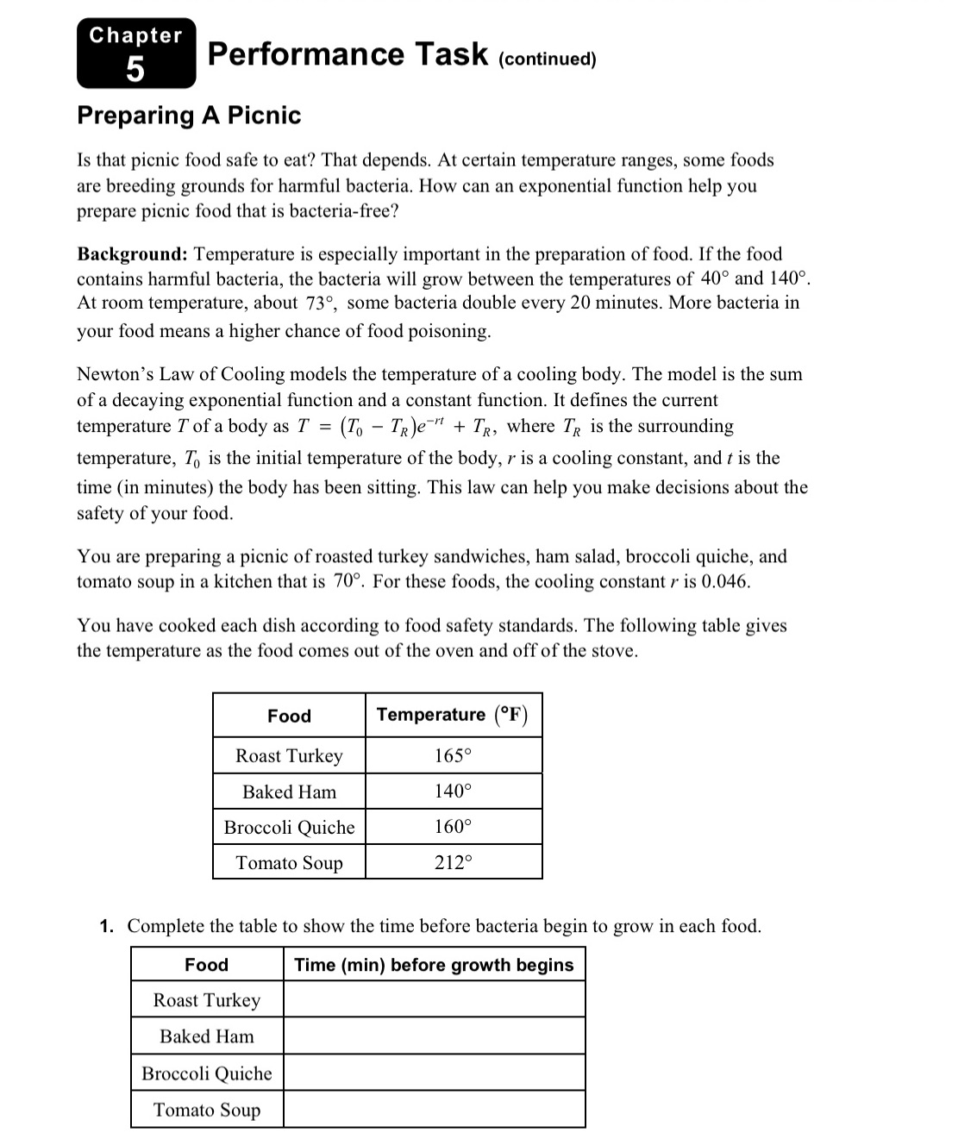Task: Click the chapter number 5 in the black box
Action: tap(135, 68)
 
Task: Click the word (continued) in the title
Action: tap(548, 59)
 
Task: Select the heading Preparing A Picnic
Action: tap(189, 115)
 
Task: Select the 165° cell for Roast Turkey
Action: tap(453, 756)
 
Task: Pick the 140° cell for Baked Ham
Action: tap(453, 792)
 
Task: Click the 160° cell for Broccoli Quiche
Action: tap(453, 827)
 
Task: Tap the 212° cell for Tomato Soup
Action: tap(453, 862)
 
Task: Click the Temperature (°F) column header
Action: tap(453, 715)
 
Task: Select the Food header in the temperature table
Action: tap(289, 716)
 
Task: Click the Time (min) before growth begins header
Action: tap(434, 965)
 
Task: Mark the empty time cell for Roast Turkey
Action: tap(434, 1000)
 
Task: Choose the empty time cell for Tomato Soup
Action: tap(434, 1110)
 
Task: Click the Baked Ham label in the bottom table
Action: tap(207, 1036)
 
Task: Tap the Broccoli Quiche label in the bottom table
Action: tap(207, 1073)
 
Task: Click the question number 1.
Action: tap(106, 927)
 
